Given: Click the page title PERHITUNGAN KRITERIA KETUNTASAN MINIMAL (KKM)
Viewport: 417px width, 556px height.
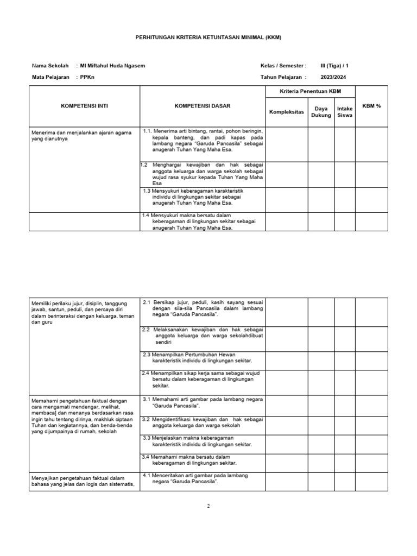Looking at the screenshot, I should coord(208,37).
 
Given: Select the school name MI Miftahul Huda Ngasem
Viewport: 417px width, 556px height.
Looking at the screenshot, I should coord(112,66).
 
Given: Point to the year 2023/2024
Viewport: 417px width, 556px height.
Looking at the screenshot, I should coord(332,78).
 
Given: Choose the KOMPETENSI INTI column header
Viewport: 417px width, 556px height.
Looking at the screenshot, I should coord(85,106).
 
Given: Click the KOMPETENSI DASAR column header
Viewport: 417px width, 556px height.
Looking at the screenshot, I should coord(202,106).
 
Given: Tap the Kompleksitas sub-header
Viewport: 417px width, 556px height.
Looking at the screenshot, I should coord(286,112).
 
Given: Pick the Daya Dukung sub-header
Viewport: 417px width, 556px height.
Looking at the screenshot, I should coord(321,112).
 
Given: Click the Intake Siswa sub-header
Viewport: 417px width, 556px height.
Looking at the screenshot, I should coord(345,112).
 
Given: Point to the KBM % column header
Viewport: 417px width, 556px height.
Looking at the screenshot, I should coord(372,106).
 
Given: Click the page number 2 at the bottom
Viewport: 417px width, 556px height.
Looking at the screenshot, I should coord(208,506).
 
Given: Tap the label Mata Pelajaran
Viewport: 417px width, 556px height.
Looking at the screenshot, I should coord(50,78).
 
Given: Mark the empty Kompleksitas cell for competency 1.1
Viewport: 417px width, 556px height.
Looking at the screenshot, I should coord(286,144).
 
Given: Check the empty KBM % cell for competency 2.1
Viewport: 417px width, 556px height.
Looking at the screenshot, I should coord(372,312).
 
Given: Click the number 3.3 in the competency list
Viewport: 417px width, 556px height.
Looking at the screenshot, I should coord(147,438).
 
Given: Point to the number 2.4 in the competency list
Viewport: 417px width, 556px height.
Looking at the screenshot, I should coord(146,373).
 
